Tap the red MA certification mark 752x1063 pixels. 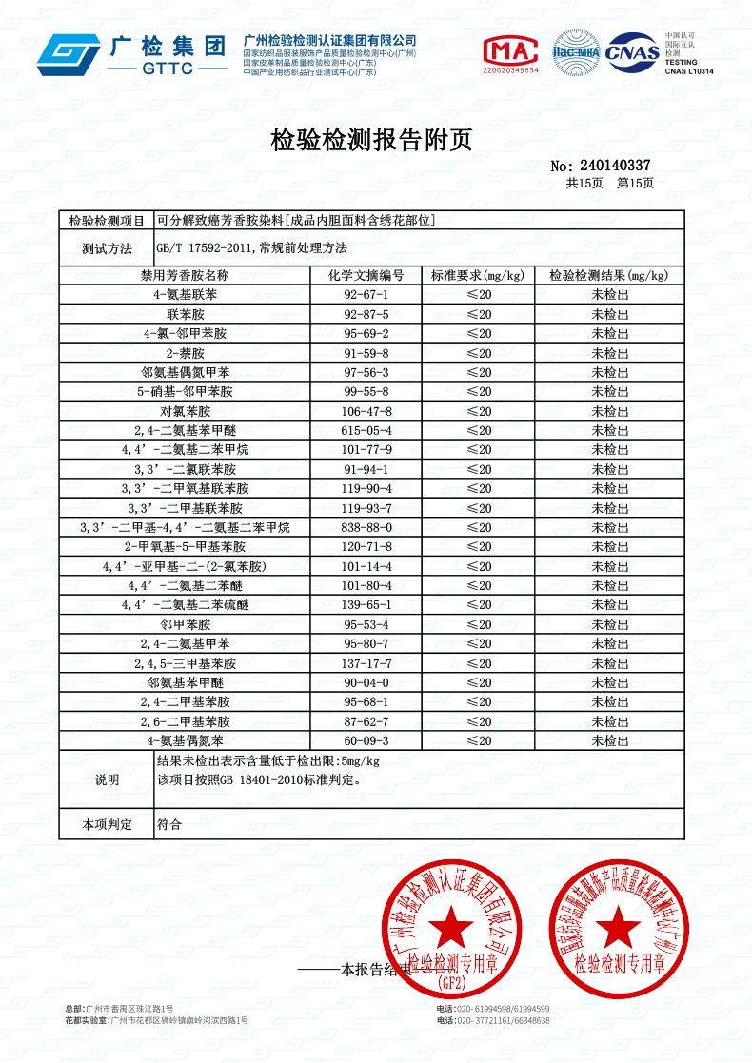point(510,53)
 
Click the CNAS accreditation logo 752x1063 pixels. point(632,51)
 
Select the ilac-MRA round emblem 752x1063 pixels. point(576,52)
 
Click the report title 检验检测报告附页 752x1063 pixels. point(371,141)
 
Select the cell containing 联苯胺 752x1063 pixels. point(186,314)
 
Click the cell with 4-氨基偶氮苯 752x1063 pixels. point(186,740)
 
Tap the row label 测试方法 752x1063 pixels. point(107,248)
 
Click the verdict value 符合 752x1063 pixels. point(168,824)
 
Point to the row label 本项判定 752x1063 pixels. point(107,824)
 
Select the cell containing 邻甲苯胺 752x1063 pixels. point(186,624)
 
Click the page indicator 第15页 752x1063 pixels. point(635,183)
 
